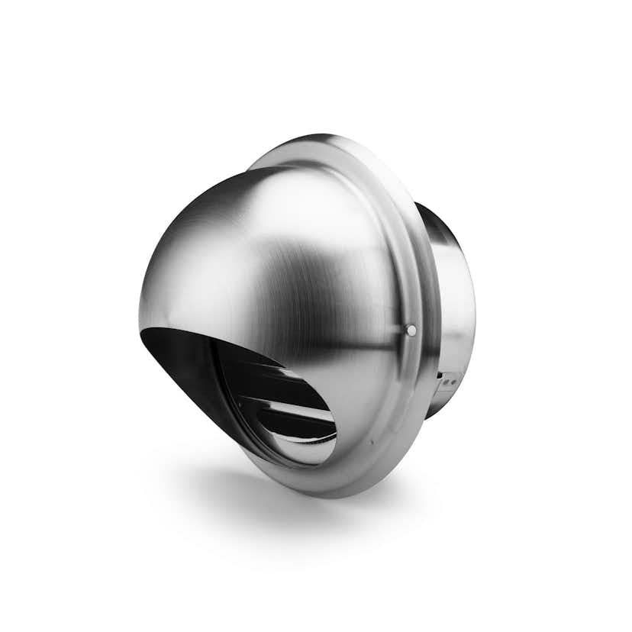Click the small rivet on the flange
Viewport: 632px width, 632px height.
pos(411,330)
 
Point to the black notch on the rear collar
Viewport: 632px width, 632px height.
pos(440,375)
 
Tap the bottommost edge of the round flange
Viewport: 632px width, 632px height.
pos(336,497)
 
